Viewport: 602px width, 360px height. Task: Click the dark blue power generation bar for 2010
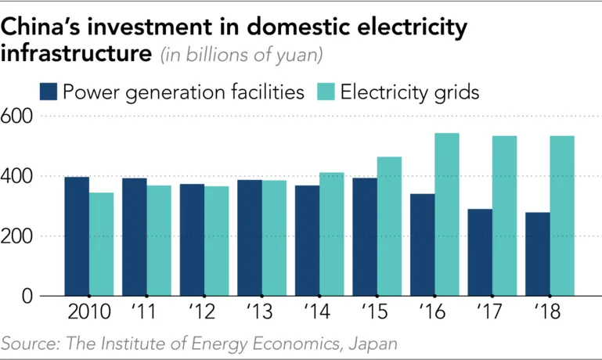[x=77, y=236]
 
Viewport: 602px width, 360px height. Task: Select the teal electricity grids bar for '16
[x=447, y=214]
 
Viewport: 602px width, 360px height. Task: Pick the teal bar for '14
[x=332, y=234]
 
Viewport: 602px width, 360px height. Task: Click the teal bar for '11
[x=159, y=240]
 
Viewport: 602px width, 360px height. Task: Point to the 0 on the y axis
[x=26, y=297]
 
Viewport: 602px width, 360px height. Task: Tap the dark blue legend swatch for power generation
[x=49, y=92]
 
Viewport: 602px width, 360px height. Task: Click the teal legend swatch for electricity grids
[x=326, y=92]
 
